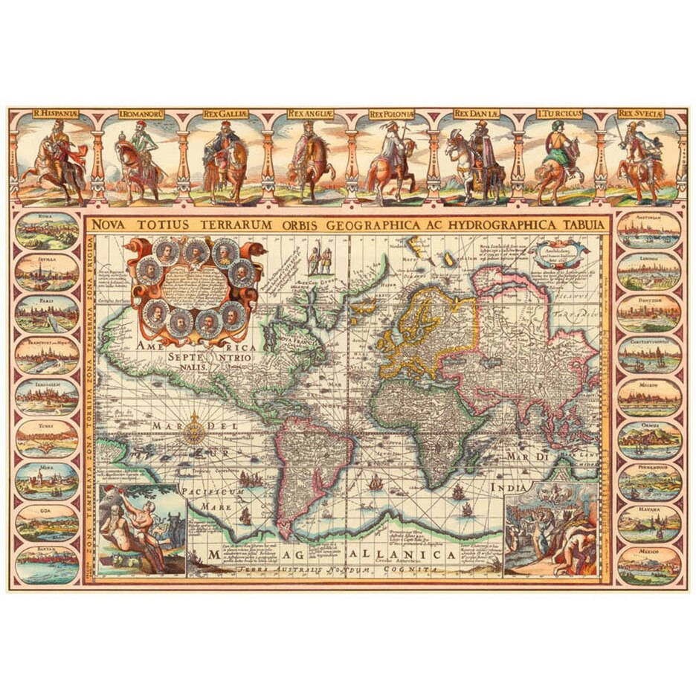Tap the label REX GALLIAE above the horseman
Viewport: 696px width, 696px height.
point(224,115)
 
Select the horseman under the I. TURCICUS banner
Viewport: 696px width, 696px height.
point(556,160)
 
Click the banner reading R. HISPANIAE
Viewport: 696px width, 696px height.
point(56,115)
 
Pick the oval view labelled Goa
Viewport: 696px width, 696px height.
point(47,523)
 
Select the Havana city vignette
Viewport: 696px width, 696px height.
point(649,523)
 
